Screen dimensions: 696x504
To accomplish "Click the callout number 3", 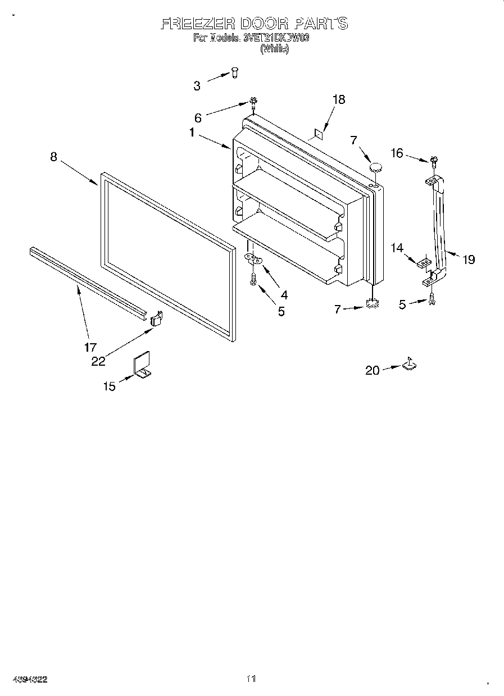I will (197, 86).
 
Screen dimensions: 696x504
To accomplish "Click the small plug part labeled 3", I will (235, 72).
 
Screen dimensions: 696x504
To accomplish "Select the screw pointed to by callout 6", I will (253, 102).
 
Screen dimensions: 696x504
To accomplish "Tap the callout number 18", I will (338, 99).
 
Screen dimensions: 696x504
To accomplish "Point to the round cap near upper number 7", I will (375, 166).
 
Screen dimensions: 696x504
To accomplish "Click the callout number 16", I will (397, 152).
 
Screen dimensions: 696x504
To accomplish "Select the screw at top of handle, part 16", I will (434, 161).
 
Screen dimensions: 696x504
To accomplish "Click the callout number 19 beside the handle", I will (469, 259).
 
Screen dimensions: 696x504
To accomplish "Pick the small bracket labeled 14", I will (425, 262).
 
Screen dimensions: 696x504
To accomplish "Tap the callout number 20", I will (373, 370).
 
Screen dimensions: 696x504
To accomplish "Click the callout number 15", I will (109, 386).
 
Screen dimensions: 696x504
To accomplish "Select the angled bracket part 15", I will (143, 366).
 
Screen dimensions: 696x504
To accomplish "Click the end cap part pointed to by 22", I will (156, 319).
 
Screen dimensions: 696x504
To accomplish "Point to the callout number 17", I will (90, 347).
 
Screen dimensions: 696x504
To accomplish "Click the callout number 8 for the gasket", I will (53, 157).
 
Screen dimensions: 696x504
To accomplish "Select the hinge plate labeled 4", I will (256, 259).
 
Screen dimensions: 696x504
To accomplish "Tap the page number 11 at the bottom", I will (251, 679).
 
